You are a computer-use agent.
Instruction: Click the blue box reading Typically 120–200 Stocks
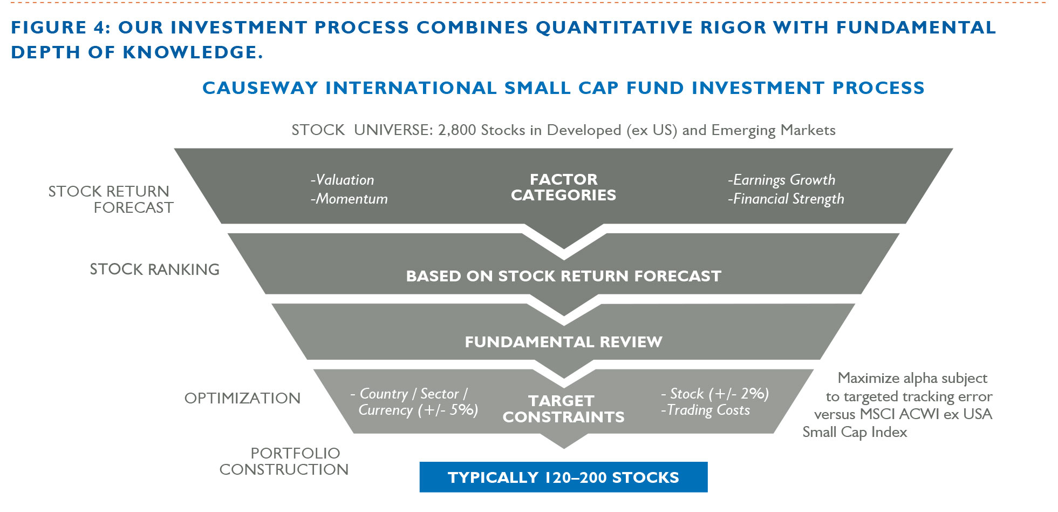(563, 477)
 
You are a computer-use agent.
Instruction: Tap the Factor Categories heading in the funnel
(563, 187)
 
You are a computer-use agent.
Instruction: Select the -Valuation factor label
(342, 180)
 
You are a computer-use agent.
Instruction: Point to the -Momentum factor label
(349, 199)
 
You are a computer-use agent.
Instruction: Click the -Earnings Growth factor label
(781, 180)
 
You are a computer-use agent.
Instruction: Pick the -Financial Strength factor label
(786, 199)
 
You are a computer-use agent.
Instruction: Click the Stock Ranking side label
(154, 269)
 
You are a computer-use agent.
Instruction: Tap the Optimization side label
(242, 398)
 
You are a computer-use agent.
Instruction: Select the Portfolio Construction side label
(284, 461)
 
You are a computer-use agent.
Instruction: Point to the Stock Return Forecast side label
(111, 199)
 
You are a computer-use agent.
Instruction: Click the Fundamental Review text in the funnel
(563, 342)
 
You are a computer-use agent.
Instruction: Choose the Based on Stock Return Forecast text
(563, 276)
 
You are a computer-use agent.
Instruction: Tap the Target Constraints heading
(563, 409)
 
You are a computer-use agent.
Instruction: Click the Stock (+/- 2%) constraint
(715, 394)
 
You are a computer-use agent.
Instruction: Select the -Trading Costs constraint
(705, 410)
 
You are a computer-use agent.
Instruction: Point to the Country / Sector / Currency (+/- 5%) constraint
(414, 402)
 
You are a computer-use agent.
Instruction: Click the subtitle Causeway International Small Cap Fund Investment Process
(563, 87)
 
